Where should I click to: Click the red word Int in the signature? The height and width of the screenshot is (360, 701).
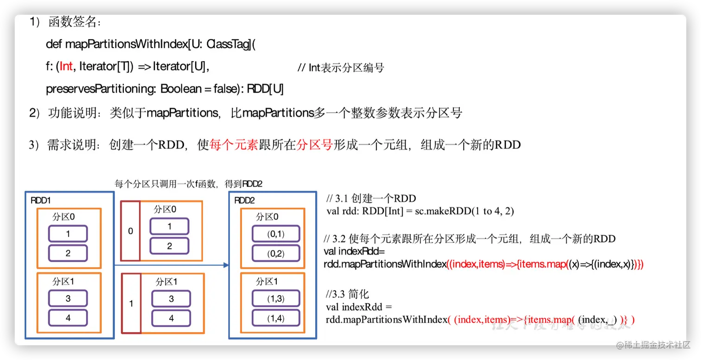pos(66,67)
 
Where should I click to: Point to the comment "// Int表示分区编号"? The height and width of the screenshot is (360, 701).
pos(341,68)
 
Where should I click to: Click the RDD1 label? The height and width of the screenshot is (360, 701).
pos(41,200)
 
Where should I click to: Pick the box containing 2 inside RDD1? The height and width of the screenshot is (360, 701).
pos(68,253)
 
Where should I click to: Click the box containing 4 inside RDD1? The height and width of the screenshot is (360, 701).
pos(68,318)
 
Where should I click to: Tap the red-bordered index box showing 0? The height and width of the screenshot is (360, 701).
pos(130,231)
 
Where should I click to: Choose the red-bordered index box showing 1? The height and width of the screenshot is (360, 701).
pos(131,303)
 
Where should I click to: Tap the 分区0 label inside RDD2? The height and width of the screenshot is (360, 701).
pos(267,216)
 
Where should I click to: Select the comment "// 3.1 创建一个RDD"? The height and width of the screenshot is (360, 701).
pos(371,199)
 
